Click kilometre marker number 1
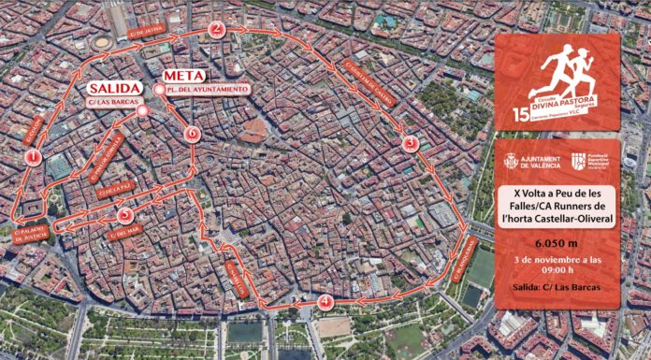pyautogui.click(x=34, y=158)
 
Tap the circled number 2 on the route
pyautogui.click(x=217, y=28)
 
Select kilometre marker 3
pyautogui.click(x=409, y=144)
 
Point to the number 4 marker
pyautogui.click(x=325, y=302)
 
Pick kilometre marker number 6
pyautogui.click(x=192, y=133)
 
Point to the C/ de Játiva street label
pyautogui.click(x=147, y=28)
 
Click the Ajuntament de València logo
pyautogui.click(x=532, y=163)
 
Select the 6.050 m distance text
pyautogui.click(x=557, y=239)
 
